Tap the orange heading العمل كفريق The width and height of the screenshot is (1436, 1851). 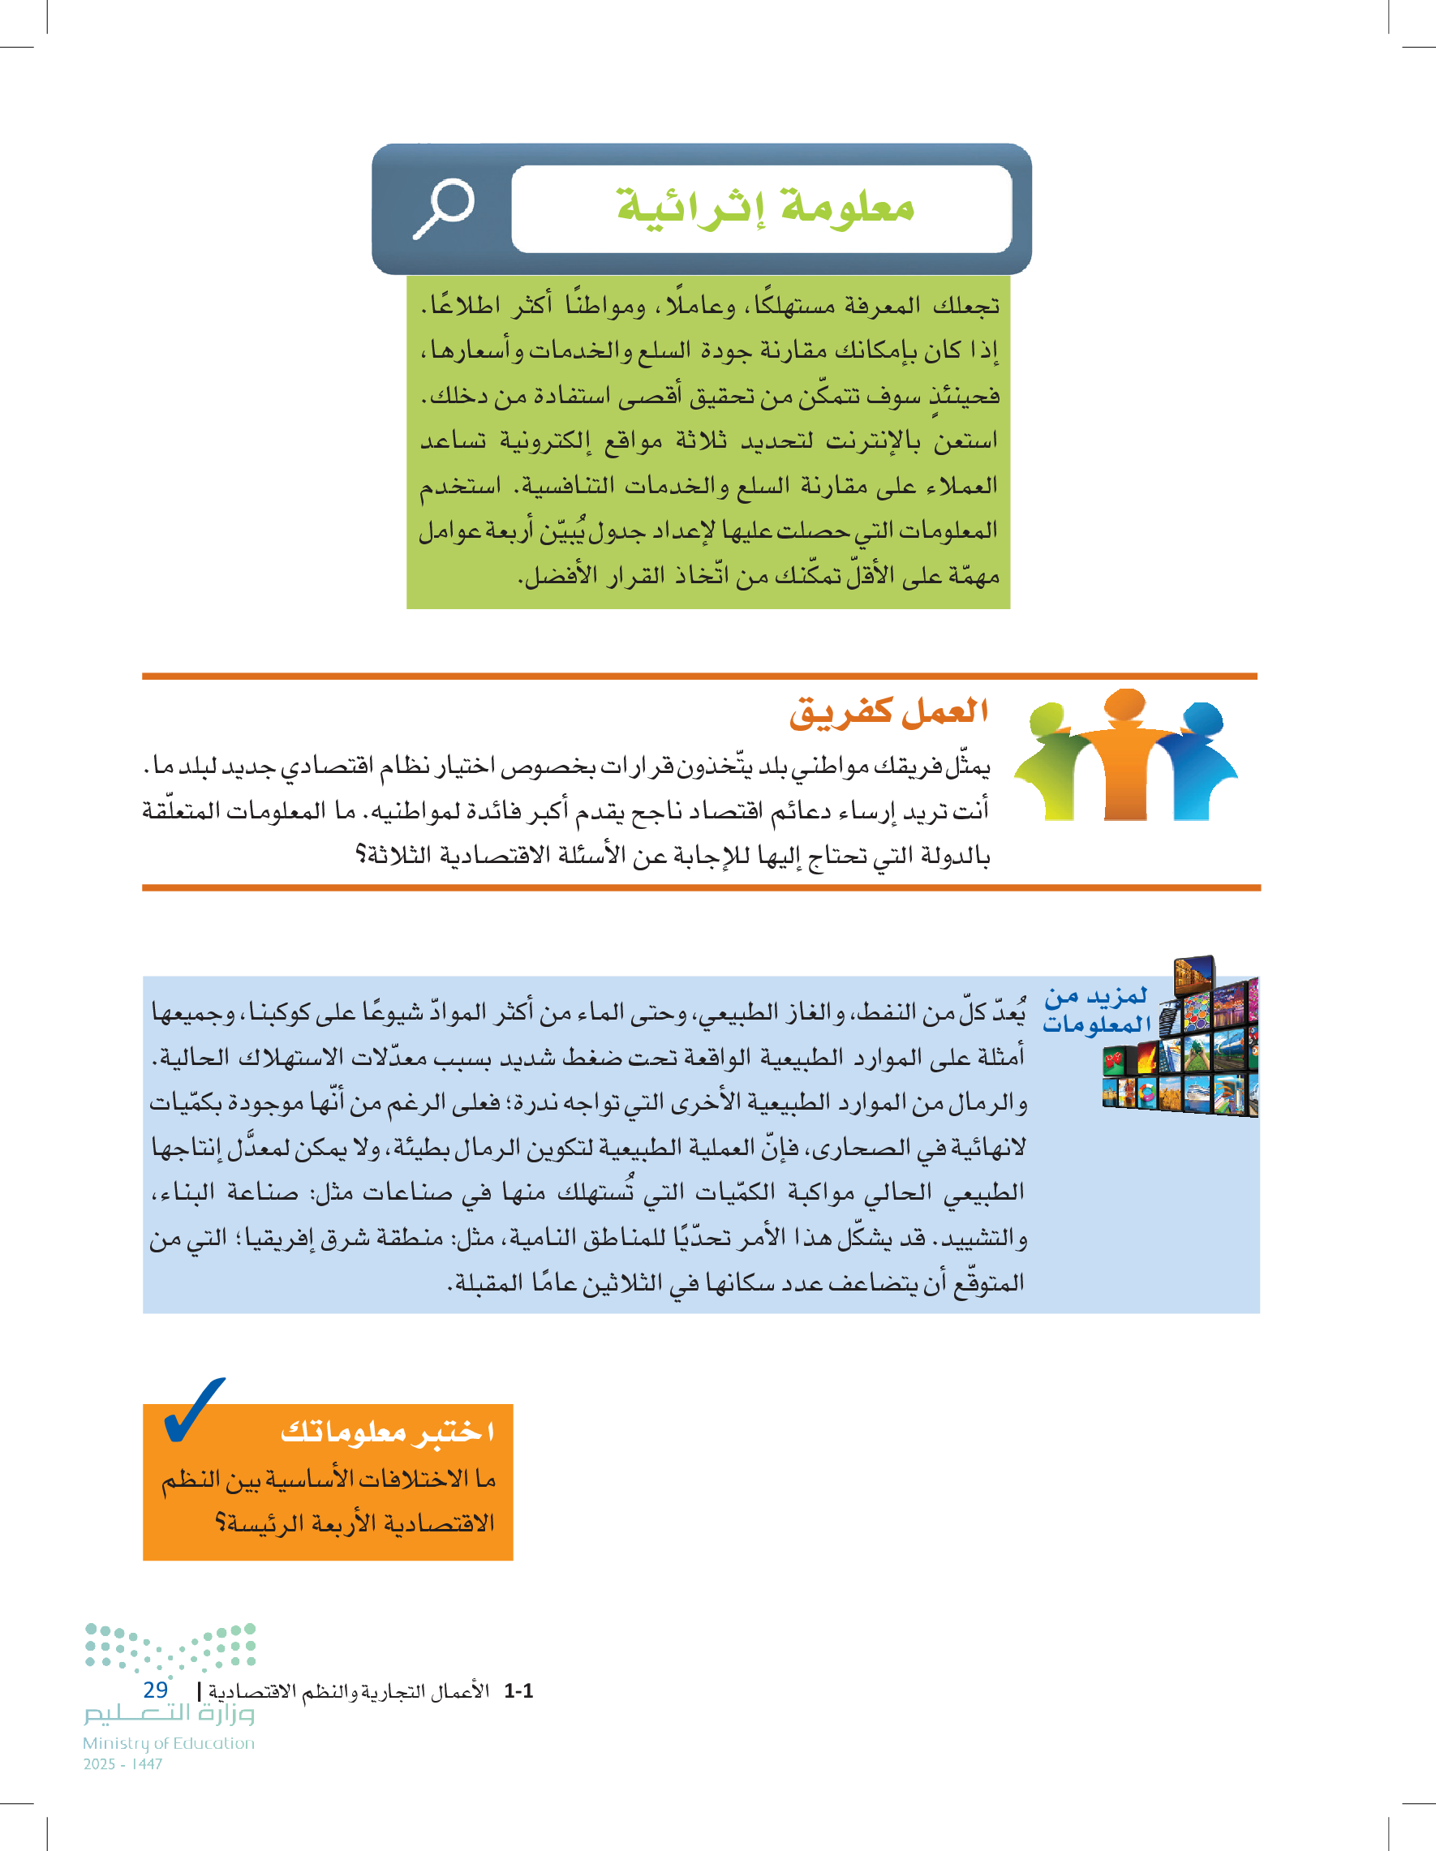click(888, 712)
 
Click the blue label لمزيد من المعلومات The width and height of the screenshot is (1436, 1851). click(1096, 1010)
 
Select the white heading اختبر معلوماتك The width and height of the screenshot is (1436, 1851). click(386, 1432)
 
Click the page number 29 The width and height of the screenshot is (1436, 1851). click(155, 1690)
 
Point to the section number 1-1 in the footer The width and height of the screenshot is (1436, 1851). click(518, 1691)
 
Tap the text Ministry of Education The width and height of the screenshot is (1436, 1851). click(169, 1743)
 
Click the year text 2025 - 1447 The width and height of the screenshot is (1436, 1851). click(123, 1763)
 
